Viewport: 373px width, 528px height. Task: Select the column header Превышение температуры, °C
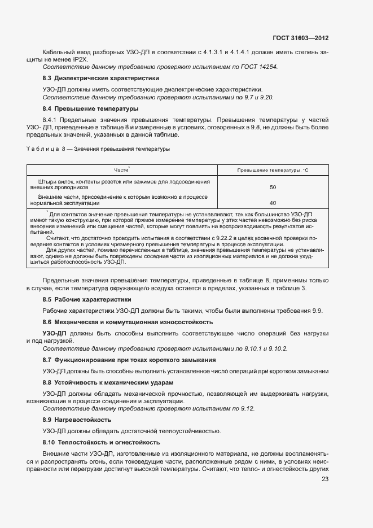tap(273, 170)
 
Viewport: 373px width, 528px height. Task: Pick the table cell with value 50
tap(273, 187)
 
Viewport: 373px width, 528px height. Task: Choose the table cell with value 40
tap(273, 203)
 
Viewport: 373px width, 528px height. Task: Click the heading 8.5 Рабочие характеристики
tap(87, 299)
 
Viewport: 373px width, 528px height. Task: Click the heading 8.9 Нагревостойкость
tap(77, 420)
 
